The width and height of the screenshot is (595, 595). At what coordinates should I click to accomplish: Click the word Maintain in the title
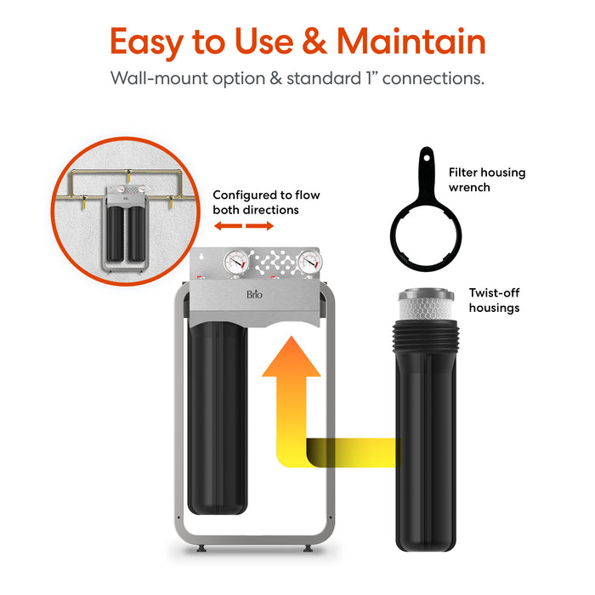411,42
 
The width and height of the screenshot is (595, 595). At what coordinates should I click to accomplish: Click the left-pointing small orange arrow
224,227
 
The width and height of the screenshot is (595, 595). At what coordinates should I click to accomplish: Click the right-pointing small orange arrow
262,227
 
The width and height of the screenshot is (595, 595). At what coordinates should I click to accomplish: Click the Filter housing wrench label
487,179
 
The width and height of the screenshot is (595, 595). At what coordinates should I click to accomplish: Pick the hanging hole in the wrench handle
423,157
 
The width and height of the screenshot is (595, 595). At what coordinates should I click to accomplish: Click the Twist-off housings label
494,300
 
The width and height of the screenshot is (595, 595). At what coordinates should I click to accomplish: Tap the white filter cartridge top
428,305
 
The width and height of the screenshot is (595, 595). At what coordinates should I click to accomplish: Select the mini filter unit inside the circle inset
124,223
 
